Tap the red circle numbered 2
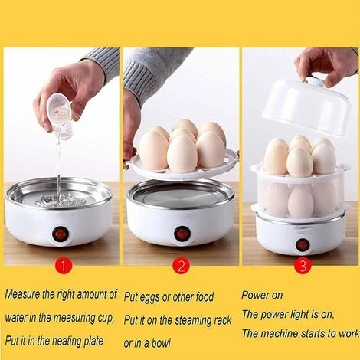click(181, 266)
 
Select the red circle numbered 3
click(301, 266)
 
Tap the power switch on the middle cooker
click(182, 232)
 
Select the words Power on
click(263, 294)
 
